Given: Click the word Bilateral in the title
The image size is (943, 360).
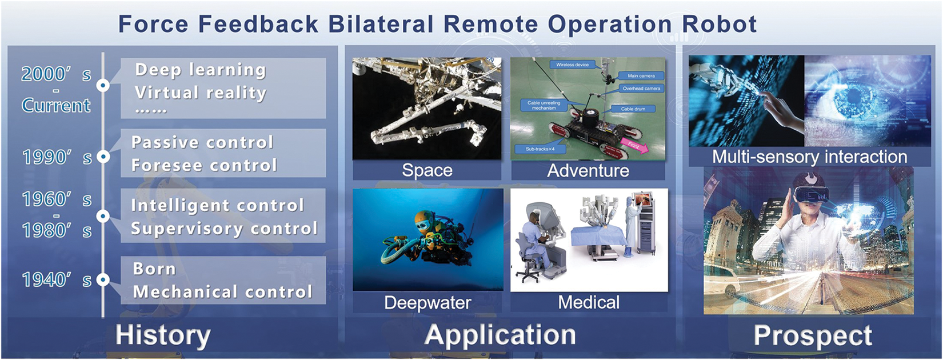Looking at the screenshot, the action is pos(381,24).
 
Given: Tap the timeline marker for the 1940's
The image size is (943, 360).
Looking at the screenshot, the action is pos(103,279).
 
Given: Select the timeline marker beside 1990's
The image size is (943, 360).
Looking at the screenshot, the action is pos(103,157).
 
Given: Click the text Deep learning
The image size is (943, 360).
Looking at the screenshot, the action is pos(201,70).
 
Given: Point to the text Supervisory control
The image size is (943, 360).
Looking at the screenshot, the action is pos(225,229).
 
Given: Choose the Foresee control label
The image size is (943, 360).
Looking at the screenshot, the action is pos(204,166).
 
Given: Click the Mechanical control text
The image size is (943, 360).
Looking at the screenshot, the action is pos(223,292).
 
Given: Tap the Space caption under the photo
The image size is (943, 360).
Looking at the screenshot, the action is pos(427,170).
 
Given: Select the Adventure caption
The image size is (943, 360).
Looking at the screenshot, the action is pos(588,170).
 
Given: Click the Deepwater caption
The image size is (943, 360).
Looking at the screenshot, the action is pos(427,302).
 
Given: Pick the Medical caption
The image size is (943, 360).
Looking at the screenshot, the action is pos(589,302).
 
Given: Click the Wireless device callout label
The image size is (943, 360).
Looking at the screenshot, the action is pos(572,65).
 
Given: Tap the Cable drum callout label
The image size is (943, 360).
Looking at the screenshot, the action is pos(633,109).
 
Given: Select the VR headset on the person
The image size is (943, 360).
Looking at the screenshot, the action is pos(811,193).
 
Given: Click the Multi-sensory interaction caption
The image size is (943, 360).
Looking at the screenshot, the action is pos(809,157).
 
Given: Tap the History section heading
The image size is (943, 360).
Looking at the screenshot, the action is pos(163,335).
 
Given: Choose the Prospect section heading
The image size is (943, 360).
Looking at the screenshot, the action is pos(813,335).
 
